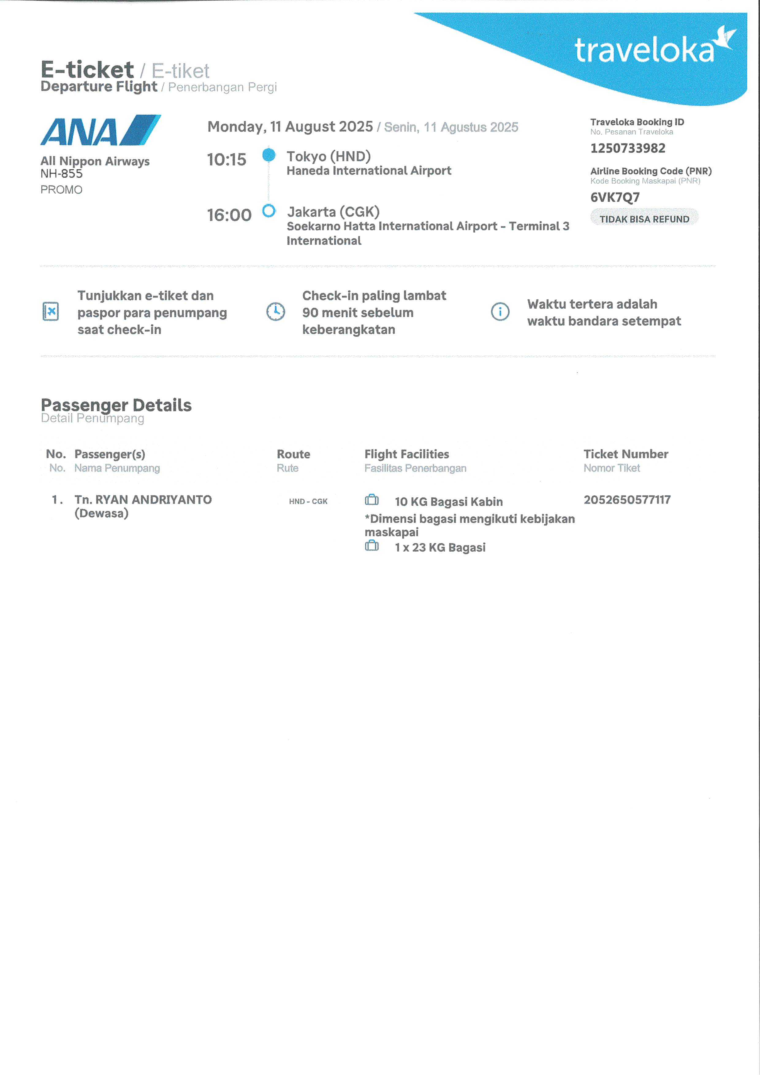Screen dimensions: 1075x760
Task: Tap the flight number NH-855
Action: pyautogui.click(x=61, y=174)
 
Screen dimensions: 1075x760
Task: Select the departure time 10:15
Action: pyautogui.click(x=227, y=160)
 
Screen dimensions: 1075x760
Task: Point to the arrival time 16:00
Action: pyautogui.click(x=229, y=215)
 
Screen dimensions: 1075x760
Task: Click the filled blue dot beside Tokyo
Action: pyautogui.click(x=269, y=154)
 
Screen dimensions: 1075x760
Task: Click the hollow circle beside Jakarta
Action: pyautogui.click(x=269, y=211)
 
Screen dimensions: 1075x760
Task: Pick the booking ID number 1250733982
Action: pyautogui.click(x=628, y=148)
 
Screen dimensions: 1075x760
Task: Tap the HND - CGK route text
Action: pyautogui.click(x=308, y=501)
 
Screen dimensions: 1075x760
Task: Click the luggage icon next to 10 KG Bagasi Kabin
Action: pyautogui.click(x=372, y=500)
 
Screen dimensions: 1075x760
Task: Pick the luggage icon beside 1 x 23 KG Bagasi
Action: pyautogui.click(x=372, y=546)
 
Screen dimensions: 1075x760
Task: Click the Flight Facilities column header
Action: pyautogui.click(x=406, y=454)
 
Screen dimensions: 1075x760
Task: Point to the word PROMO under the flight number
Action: pyautogui.click(x=61, y=190)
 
